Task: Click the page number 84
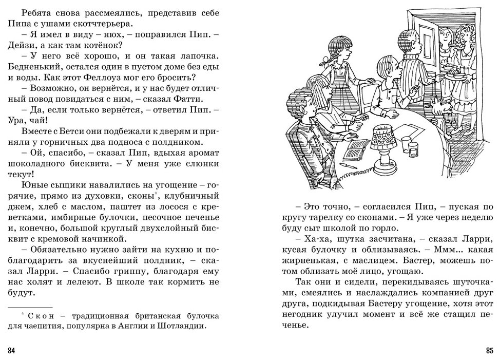click(x=12, y=351)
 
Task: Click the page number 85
click(x=489, y=351)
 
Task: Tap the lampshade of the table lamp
click(x=383, y=137)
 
